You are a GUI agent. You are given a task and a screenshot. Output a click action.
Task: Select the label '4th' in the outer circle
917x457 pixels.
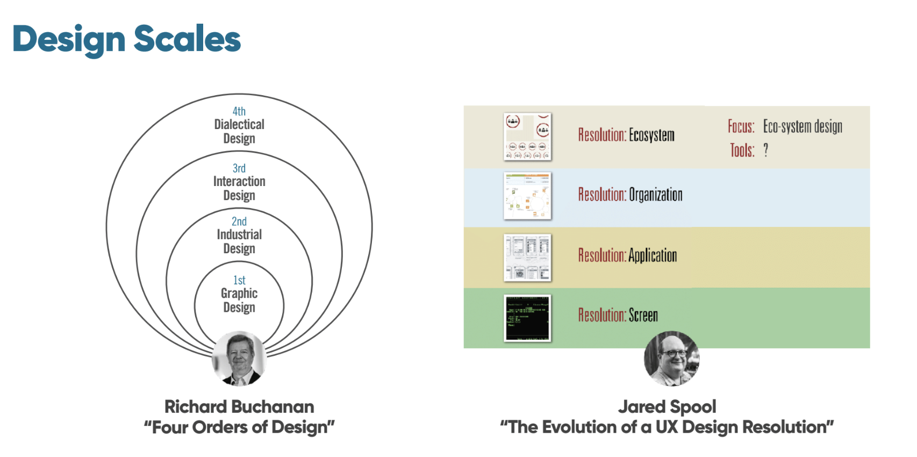(x=239, y=111)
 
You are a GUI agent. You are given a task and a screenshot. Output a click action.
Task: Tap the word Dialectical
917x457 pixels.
(x=239, y=124)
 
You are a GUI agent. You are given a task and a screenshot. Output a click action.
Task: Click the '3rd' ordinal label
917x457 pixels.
(x=239, y=168)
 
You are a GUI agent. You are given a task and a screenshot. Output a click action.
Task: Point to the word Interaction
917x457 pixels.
(x=239, y=181)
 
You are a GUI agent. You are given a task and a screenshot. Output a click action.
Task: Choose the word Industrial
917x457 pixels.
(x=239, y=234)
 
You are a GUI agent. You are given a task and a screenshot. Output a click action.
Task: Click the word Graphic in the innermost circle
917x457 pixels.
(x=239, y=293)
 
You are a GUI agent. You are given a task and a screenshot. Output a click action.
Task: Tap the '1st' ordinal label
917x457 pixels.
(x=239, y=280)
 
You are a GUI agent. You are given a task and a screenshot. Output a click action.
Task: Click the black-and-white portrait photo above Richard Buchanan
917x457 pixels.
(x=239, y=359)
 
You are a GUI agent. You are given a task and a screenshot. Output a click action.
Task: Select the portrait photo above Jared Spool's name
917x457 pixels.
(x=672, y=359)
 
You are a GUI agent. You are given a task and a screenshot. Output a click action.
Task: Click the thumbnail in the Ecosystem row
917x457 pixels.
(x=527, y=137)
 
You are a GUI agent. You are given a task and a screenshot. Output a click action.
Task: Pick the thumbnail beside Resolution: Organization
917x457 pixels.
(x=527, y=196)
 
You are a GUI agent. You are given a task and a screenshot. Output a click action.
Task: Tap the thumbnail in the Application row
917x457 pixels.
(x=527, y=258)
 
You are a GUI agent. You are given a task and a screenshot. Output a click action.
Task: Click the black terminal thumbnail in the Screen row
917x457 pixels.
(x=527, y=318)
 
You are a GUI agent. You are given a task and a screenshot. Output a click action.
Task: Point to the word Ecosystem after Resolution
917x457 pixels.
(x=651, y=135)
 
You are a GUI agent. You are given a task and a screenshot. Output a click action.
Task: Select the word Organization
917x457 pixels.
(x=656, y=195)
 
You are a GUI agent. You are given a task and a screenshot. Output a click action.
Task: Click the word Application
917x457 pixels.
(x=653, y=255)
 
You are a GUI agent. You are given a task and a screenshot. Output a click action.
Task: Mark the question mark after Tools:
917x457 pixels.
(x=766, y=150)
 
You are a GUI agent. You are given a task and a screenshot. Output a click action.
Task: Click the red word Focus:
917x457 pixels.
(x=741, y=127)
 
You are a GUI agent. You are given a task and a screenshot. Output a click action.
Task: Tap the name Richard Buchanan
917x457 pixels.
(x=239, y=406)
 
